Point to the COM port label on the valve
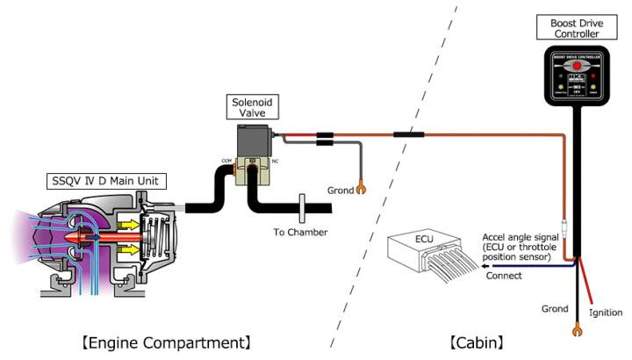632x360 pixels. point(227,161)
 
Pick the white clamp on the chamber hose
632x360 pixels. point(300,208)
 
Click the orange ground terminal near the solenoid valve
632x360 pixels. point(360,189)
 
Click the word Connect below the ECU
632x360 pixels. point(504,275)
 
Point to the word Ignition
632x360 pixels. point(606,313)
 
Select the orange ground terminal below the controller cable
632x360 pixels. point(577,331)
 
